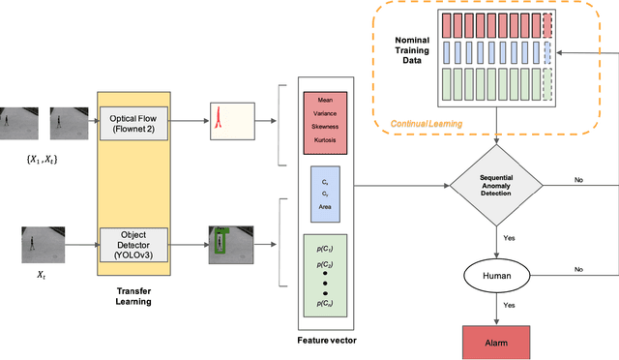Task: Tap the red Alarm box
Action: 496,342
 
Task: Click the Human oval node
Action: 496,276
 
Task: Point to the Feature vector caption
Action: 324,342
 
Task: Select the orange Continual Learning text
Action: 425,124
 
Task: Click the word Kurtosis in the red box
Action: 324,139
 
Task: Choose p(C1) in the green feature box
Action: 324,249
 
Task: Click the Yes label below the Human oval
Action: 507,305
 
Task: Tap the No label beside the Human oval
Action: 578,270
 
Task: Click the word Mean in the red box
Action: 324,99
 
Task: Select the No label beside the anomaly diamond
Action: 578,179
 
